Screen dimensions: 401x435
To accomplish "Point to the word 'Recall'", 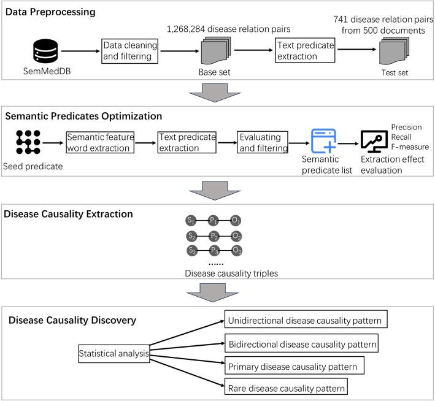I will click(402, 137).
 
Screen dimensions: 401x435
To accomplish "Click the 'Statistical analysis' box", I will click(115, 353).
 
